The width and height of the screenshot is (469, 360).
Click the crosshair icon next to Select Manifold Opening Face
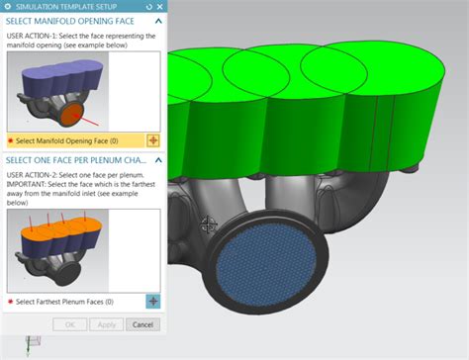pyautogui.click(x=152, y=141)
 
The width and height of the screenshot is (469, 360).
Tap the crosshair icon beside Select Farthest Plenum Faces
pyautogui.click(x=152, y=301)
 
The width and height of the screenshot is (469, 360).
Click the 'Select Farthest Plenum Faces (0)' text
pyautogui.click(x=64, y=301)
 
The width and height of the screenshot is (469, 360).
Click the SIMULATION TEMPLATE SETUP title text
pyautogui.click(x=64, y=6)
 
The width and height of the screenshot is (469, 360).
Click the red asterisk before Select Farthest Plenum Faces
pyautogui.click(x=10, y=301)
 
